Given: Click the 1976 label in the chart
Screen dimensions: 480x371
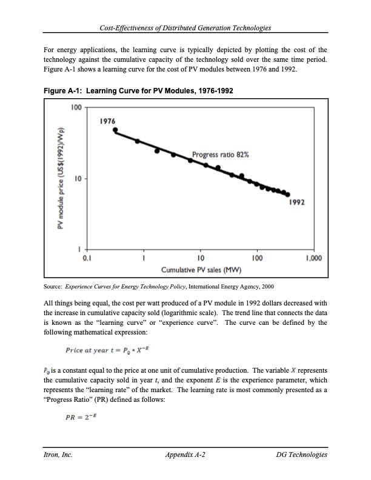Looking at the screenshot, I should click(x=108, y=121).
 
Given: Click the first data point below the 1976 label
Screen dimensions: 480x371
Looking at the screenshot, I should click(x=116, y=130).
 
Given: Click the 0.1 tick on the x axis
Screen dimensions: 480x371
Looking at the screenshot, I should click(x=87, y=258).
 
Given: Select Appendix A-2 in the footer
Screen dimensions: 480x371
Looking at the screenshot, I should click(x=185, y=454).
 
